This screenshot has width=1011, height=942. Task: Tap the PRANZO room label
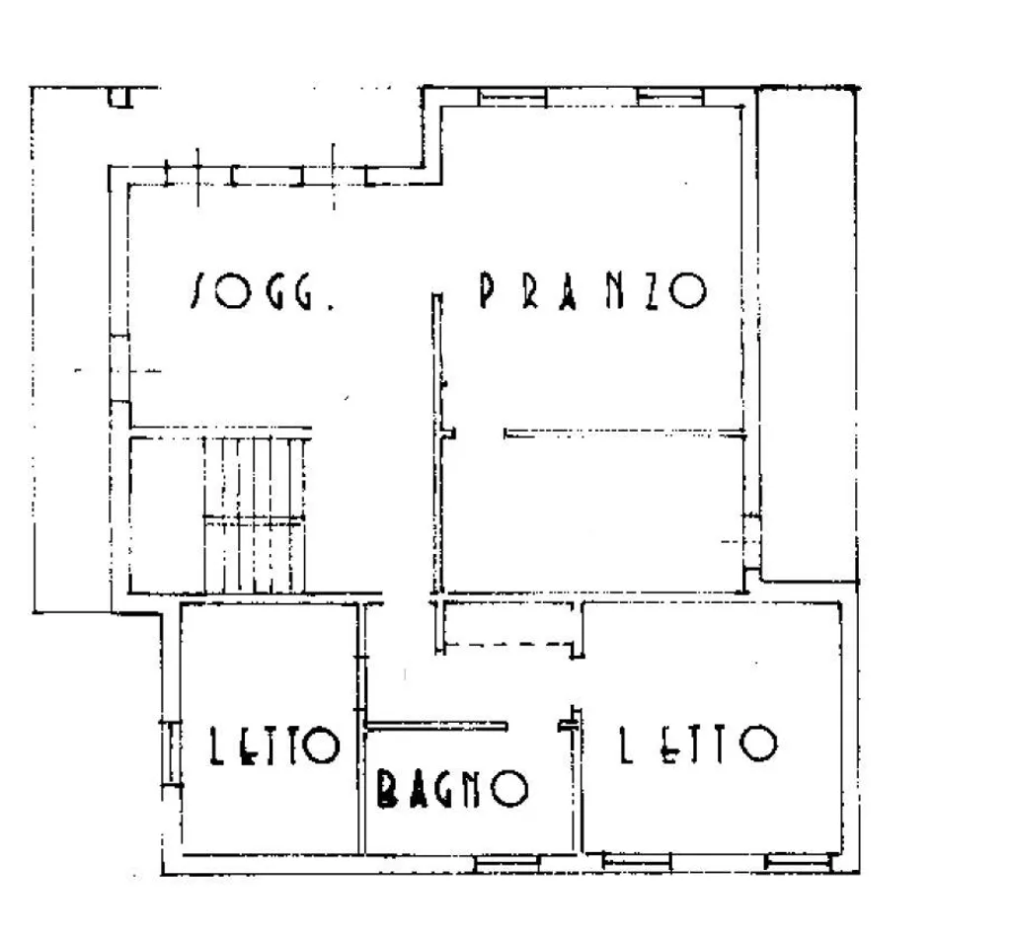tap(593, 290)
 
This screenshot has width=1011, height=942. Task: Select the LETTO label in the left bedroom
tap(274, 746)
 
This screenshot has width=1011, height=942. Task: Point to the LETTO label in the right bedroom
tap(698, 744)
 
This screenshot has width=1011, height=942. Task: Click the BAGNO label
tap(452, 788)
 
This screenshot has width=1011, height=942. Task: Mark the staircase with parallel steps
tap(254, 514)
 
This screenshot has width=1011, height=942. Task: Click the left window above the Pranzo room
tap(512, 97)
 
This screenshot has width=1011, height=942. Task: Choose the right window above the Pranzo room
tap(670, 97)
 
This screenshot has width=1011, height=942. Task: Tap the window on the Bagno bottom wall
tap(506, 863)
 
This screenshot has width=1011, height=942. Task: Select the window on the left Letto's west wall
tap(172, 752)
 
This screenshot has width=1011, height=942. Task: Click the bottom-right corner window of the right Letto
tap(799, 862)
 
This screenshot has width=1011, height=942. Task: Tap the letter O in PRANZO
tap(688, 290)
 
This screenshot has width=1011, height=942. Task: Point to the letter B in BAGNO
tap(386, 789)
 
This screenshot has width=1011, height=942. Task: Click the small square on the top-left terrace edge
tap(119, 98)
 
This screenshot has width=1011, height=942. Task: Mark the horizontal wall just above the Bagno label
tap(435, 726)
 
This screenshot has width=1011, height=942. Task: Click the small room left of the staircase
tap(166, 514)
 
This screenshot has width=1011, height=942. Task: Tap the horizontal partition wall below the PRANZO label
tap(624, 433)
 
